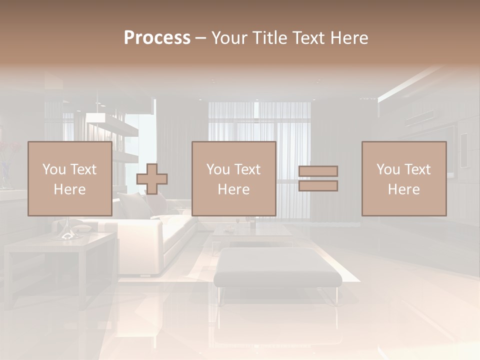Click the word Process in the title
click(x=157, y=38)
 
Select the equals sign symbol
click(x=318, y=178)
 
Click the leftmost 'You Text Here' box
click(x=69, y=178)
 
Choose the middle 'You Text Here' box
click(x=233, y=178)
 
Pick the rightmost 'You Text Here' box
click(x=403, y=178)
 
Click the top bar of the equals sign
click(x=318, y=171)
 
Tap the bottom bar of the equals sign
click(x=318, y=186)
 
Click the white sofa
click(x=150, y=235)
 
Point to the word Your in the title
click(x=229, y=38)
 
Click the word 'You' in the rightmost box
click(x=388, y=169)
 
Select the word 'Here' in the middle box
click(x=233, y=189)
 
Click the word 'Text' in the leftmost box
click(x=83, y=169)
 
